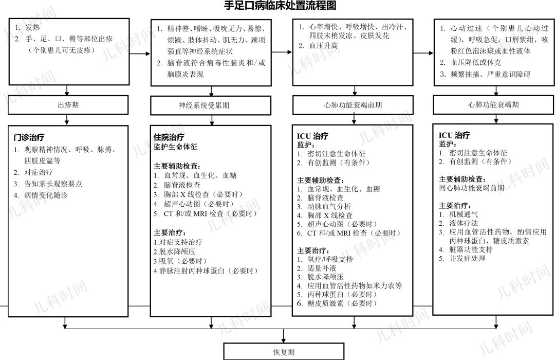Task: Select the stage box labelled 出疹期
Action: tap(68, 105)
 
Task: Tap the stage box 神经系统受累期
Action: tap(211, 105)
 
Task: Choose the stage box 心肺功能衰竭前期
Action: tap(353, 105)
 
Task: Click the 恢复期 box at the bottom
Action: tap(283, 352)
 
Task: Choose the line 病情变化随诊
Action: tap(46, 195)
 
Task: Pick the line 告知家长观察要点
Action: tap(53, 184)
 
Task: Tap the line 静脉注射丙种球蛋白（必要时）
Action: tap(206, 270)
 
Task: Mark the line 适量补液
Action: tap(322, 268)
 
